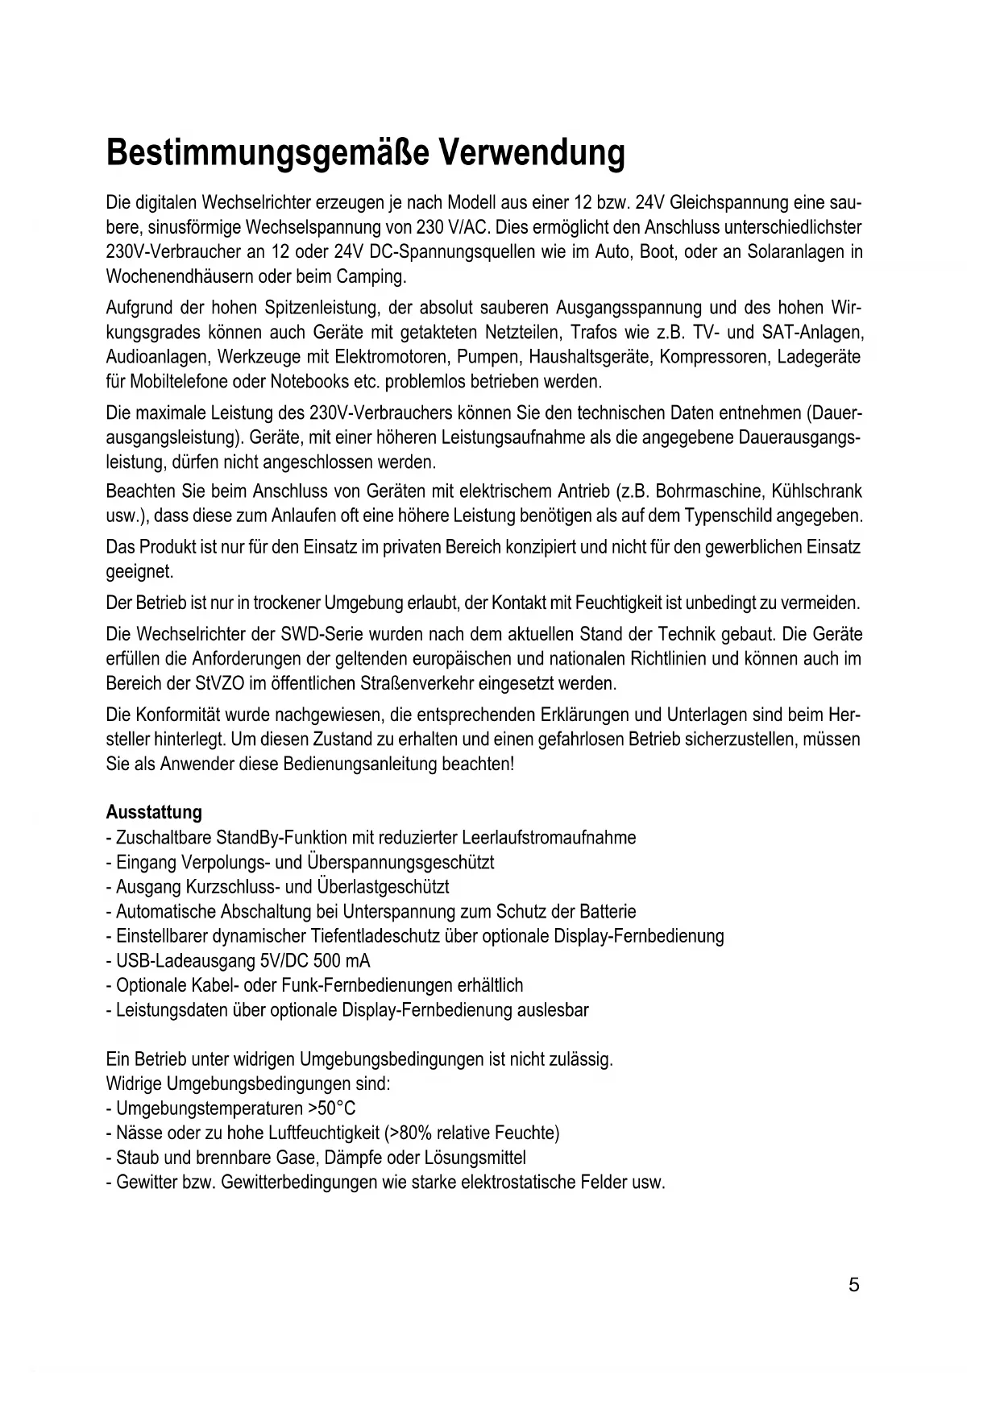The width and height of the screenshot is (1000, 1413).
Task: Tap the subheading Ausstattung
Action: tap(154, 812)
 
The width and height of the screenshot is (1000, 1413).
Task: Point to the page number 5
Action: tap(854, 1285)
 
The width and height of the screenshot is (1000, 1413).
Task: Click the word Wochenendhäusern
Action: tap(180, 276)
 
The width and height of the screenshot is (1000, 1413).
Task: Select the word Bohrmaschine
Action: tap(709, 491)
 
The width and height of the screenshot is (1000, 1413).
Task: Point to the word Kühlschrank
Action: tap(817, 491)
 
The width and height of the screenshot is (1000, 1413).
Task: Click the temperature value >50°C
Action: tap(332, 1108)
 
